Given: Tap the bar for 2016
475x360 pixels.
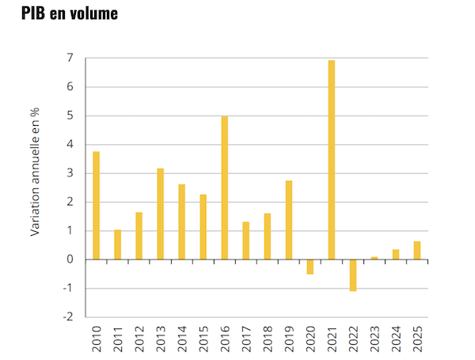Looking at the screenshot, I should click(224, 188).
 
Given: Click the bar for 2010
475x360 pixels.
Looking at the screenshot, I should click(96, 206).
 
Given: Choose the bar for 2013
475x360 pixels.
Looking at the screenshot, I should click(160, 214).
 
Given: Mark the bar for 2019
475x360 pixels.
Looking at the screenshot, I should click(288, 220).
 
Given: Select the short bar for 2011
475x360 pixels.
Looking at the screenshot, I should click(117, 244).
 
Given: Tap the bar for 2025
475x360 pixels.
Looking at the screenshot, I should click(416, 250).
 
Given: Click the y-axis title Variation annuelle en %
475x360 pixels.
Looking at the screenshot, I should click(36, 172).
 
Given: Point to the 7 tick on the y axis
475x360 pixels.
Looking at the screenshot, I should click(70, 59).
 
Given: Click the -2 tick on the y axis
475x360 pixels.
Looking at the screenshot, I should click(68, 317).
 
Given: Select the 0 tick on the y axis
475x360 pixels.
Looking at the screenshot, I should click(70, 260).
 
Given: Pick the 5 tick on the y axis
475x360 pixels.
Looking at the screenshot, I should click(70, 116).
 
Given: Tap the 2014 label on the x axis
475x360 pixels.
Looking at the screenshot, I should click(182, 338).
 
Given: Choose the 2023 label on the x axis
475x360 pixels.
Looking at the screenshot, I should click(374, 338).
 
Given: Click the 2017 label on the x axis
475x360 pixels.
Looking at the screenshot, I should click(246, 338).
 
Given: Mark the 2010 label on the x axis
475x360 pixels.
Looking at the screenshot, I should click(97, 338).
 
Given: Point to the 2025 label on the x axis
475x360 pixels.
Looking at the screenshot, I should click(417, 338).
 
